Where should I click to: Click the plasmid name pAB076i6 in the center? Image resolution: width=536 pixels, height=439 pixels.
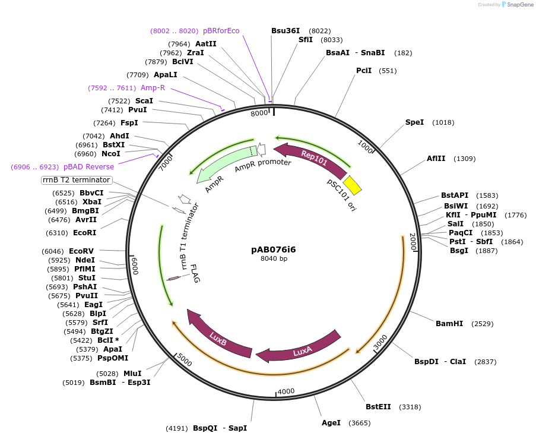[x=274, y=249]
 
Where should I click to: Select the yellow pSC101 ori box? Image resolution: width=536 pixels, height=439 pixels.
[x=353, y=185]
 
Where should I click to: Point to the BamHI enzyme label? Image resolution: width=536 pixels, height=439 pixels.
[x=449, y=324]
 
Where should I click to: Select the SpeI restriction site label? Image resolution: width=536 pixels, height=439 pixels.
[x=414, y=122]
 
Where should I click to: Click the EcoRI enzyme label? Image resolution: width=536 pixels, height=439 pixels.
[x=85, y=233]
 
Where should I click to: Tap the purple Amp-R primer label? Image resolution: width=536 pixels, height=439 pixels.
[x=153, y=88]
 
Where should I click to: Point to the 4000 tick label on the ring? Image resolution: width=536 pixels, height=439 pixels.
[x=286, y=391]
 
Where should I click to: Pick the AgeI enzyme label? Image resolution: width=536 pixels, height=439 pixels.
[x=331, y=423]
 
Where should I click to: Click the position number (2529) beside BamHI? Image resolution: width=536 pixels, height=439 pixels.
[x=482, y=324]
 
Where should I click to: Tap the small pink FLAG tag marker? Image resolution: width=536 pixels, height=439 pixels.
[x=174, y=278]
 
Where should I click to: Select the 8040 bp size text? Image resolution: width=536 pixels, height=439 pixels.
[x=274, y=258]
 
